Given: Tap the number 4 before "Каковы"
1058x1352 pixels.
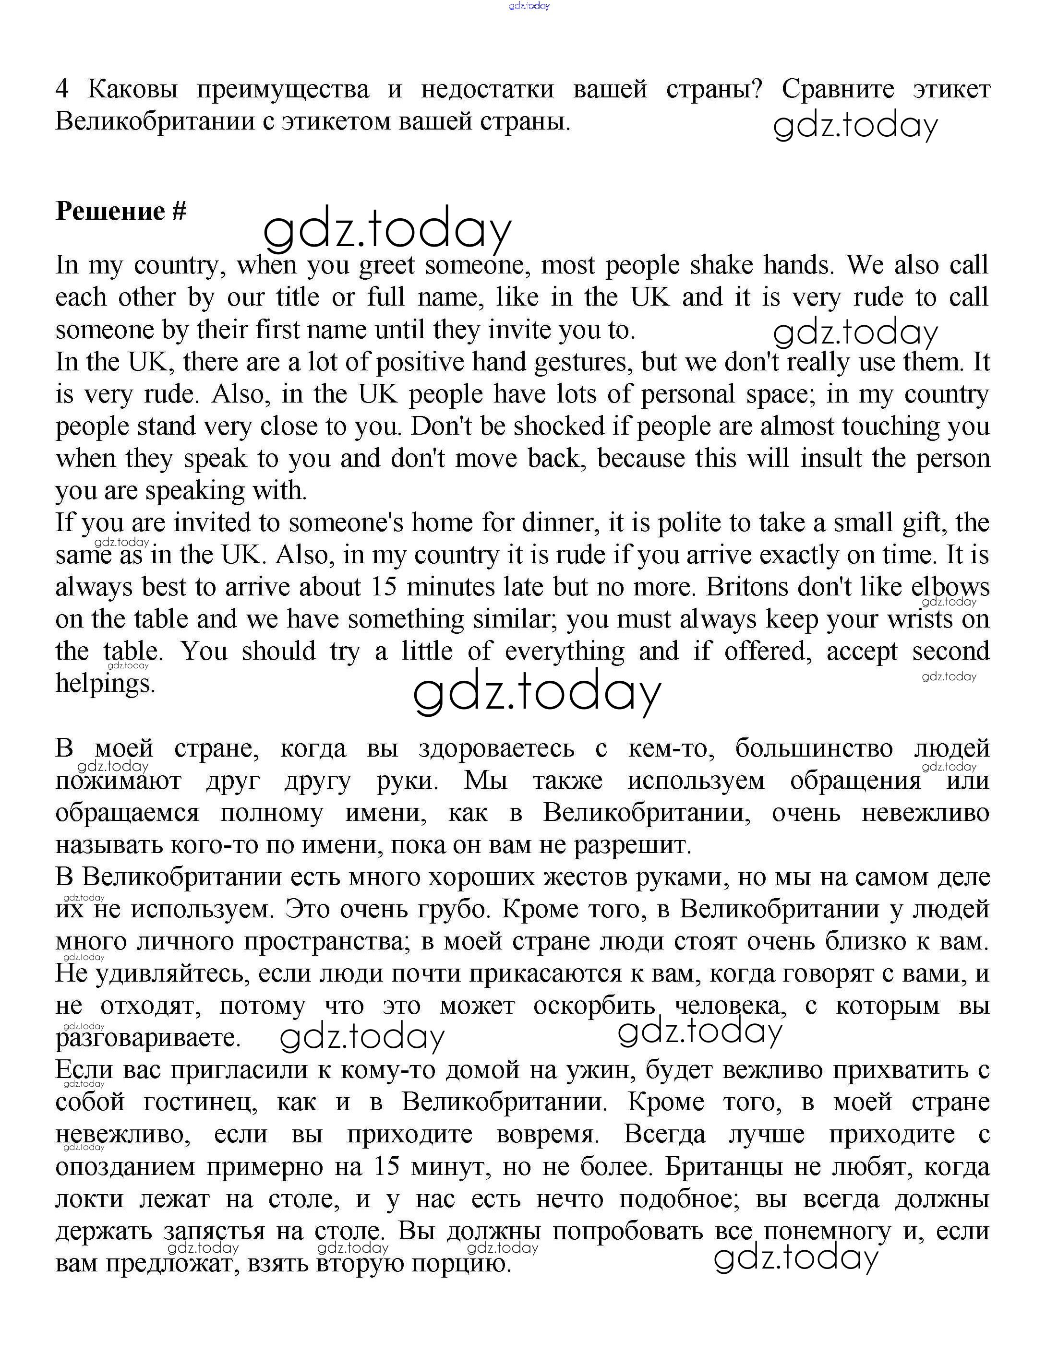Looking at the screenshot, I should point(61,90).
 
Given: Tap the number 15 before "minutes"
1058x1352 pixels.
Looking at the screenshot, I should point(384,587).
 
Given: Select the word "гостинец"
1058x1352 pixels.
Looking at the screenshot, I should point(197,1103).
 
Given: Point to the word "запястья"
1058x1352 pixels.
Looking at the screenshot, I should point(213,1231).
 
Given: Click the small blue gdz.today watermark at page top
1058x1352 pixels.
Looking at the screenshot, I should point(529,6).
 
